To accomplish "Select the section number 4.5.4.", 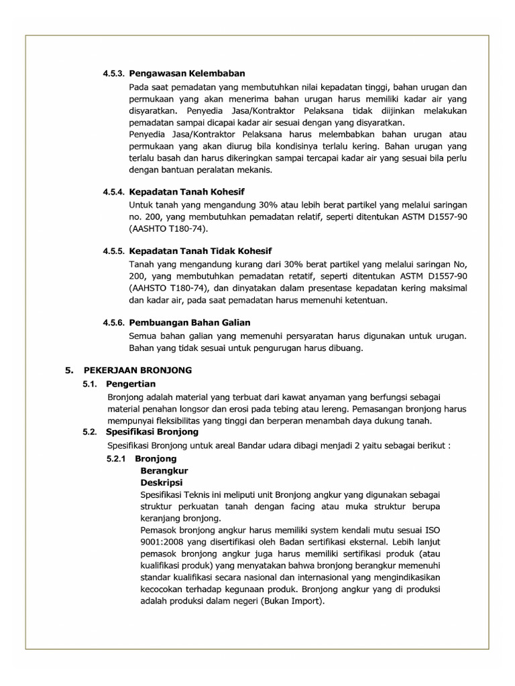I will point(113,192).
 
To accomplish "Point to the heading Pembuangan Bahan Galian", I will point(194,322).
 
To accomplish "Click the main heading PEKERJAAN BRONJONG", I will point(137,370).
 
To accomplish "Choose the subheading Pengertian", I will point(131,384).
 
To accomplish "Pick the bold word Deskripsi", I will point(162,482).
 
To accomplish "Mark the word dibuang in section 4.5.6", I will point(346,348).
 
